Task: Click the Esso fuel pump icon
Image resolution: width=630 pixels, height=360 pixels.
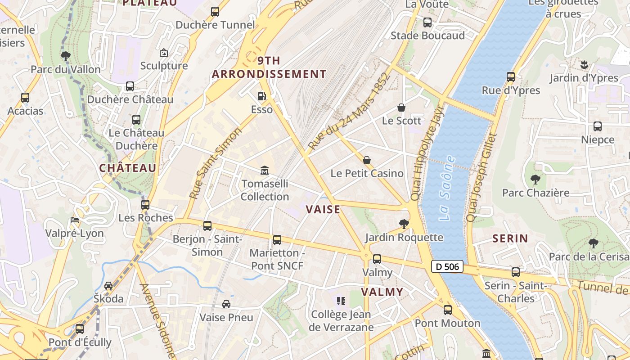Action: coord(261,96)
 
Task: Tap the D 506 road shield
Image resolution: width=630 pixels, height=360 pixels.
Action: coord(447,266)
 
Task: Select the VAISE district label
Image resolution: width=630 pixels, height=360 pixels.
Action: coord(323,209)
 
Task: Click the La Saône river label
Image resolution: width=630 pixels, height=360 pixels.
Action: coord(447,188)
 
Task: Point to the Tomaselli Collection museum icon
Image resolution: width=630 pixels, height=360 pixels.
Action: coord(265,171)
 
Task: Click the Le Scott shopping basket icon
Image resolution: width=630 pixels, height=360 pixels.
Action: coord(401,108)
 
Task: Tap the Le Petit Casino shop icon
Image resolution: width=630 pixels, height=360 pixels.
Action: coord(367,160)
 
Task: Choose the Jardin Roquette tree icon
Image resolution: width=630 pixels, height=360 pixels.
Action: coord(404,224)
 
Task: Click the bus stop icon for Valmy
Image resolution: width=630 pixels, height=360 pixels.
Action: coord(377,259)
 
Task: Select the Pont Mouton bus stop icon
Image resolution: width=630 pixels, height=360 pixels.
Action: coord(447,310)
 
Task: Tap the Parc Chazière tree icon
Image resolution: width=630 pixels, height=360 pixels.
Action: coord(535,180)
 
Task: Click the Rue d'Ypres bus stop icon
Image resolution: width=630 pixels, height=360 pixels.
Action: coord(510,77)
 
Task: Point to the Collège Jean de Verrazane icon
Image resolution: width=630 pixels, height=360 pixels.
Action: coord(341,301)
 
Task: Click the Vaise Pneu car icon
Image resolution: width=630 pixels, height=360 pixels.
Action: coord(226,304)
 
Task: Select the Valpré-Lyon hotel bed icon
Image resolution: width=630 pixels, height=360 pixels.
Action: coord(75,220)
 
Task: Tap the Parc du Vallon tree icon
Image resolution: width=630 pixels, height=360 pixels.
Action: coord(66,56)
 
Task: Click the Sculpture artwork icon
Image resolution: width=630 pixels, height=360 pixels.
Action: coord(164,53)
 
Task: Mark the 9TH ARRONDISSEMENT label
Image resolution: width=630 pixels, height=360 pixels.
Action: coord(269,67)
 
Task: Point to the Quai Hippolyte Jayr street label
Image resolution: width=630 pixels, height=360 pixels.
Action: coord(427,153)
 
